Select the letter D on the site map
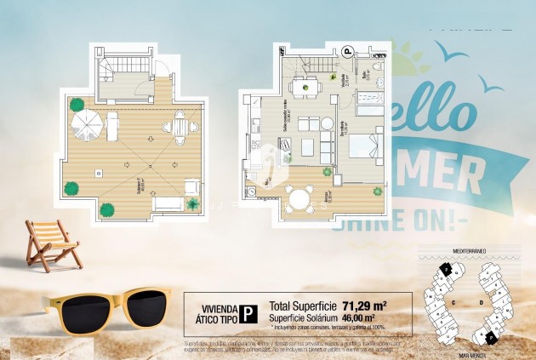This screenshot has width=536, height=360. [481, 302]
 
